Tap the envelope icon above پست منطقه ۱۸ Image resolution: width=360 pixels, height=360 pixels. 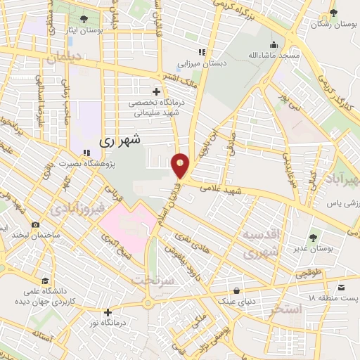pos(341,287)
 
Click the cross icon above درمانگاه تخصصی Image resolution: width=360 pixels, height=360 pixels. pos(156,91)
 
